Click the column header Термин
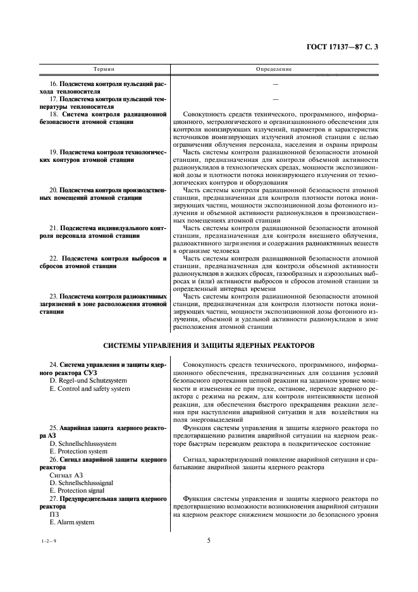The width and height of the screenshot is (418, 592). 104,68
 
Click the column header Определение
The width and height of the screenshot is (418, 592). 274,68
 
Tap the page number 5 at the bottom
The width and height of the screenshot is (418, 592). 209,540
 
